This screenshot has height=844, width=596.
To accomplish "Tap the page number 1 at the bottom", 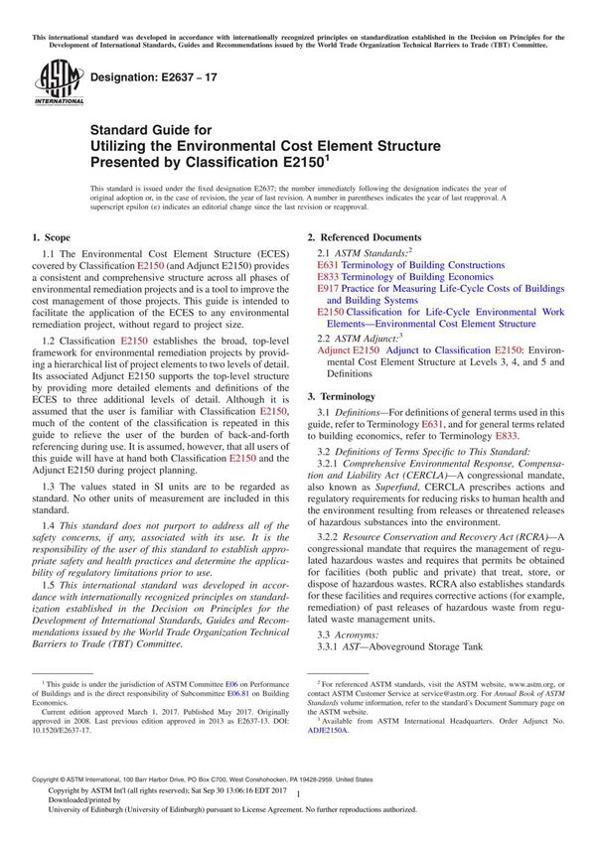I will pyautogui.click(x=298, y=810).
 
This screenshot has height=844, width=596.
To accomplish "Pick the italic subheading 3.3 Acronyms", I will pyautogui.click(x=356, y=633).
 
